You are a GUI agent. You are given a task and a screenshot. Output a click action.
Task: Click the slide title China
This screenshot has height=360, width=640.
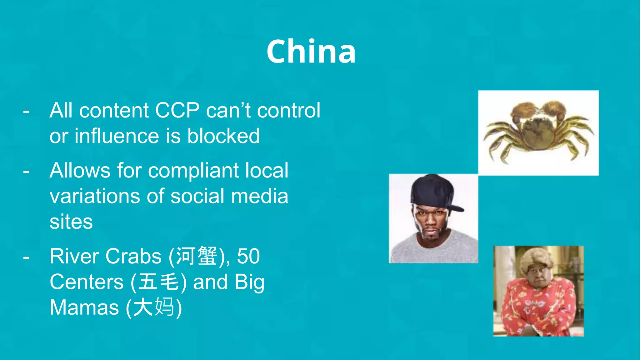311,52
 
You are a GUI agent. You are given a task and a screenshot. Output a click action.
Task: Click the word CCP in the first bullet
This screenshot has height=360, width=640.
177,110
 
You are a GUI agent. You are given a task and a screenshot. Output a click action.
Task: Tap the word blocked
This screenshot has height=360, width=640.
223,136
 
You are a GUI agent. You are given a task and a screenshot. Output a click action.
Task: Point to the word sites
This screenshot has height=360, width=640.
71,222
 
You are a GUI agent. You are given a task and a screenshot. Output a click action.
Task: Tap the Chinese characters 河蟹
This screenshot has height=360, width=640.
196,257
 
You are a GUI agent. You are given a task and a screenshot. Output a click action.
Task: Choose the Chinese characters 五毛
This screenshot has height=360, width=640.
158,282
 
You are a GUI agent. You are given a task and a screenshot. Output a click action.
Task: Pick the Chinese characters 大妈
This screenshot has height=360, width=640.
153,308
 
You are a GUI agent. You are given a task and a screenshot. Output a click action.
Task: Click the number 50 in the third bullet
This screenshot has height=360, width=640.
248,257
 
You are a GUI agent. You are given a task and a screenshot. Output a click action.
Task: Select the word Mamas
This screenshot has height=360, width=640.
84,308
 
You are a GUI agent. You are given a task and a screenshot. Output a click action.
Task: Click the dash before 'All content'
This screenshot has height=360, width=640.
27,111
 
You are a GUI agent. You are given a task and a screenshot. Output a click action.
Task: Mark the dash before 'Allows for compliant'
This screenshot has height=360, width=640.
27,171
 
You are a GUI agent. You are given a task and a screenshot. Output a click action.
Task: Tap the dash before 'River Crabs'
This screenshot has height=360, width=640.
27,257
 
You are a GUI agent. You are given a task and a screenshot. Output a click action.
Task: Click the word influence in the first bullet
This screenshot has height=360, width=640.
117,136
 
